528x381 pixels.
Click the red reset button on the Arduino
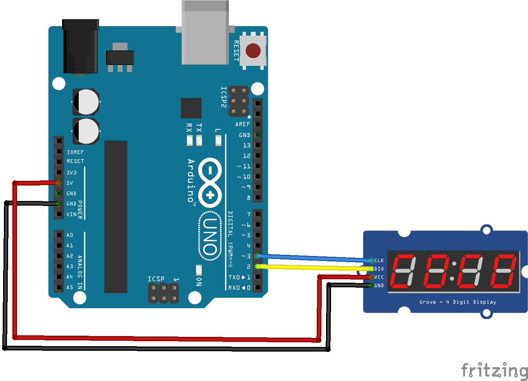253,51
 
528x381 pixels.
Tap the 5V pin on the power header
59,183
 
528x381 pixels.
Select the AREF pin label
243,124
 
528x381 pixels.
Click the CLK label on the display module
379,261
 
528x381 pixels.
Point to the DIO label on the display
379,269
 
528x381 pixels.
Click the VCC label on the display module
379,277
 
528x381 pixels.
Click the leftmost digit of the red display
404,271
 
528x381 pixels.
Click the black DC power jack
81,46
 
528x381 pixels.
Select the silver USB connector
205,33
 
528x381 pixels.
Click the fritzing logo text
494,371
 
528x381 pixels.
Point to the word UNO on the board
210,236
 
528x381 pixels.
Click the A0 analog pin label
70,235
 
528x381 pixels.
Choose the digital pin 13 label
247,146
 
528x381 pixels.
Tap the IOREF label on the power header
75,152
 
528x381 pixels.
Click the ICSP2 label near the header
224,97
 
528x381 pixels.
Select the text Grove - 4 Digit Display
457,302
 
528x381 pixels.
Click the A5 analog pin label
70,287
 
